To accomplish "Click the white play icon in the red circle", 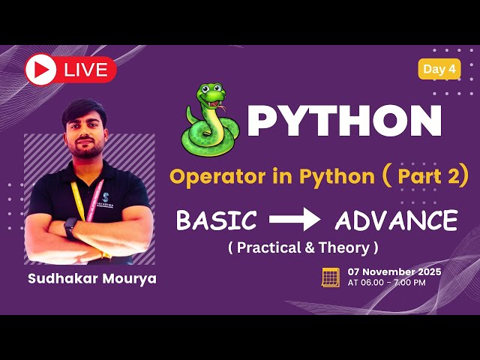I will click(40, 70).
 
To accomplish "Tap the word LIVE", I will click(86, 70).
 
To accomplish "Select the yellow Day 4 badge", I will click(439, 69).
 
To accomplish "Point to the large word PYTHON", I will click(344, 121).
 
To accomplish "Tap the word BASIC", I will click(216, 220).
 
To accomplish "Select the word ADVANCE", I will click(396, 220).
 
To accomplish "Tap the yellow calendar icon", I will click(331, 277).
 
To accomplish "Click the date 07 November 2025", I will click(394, 271).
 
